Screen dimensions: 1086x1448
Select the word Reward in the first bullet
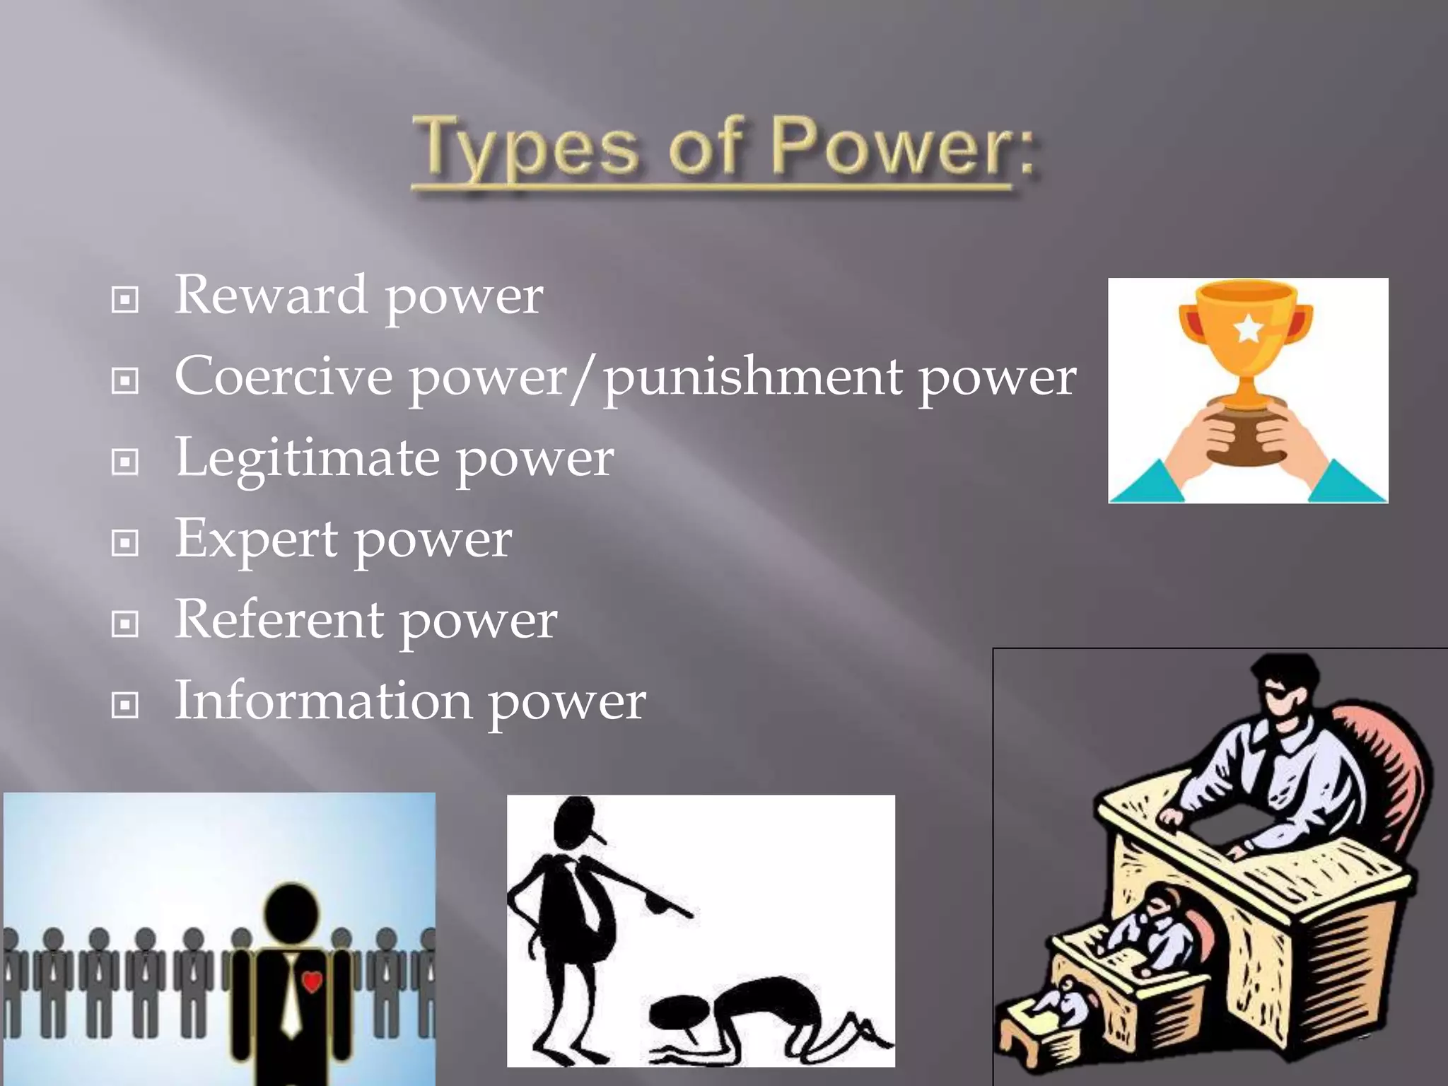[x=270, y=295]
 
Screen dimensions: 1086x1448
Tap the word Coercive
[x=283, y=376]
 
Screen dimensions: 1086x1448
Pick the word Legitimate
[x=307, y=458]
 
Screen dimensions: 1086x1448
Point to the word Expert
[x=256, y=540]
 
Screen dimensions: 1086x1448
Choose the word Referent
[x=279, y=619]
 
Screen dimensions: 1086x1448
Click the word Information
[x=322, y=701]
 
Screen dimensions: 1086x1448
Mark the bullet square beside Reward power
[x=125, y=300]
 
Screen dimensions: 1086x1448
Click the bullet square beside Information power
[x=125, y=705]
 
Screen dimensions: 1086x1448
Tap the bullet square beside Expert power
[x=125, y=543]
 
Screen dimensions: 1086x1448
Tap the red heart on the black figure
[x=312, y=981]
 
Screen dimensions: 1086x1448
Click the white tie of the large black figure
[x=291, y=997]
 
